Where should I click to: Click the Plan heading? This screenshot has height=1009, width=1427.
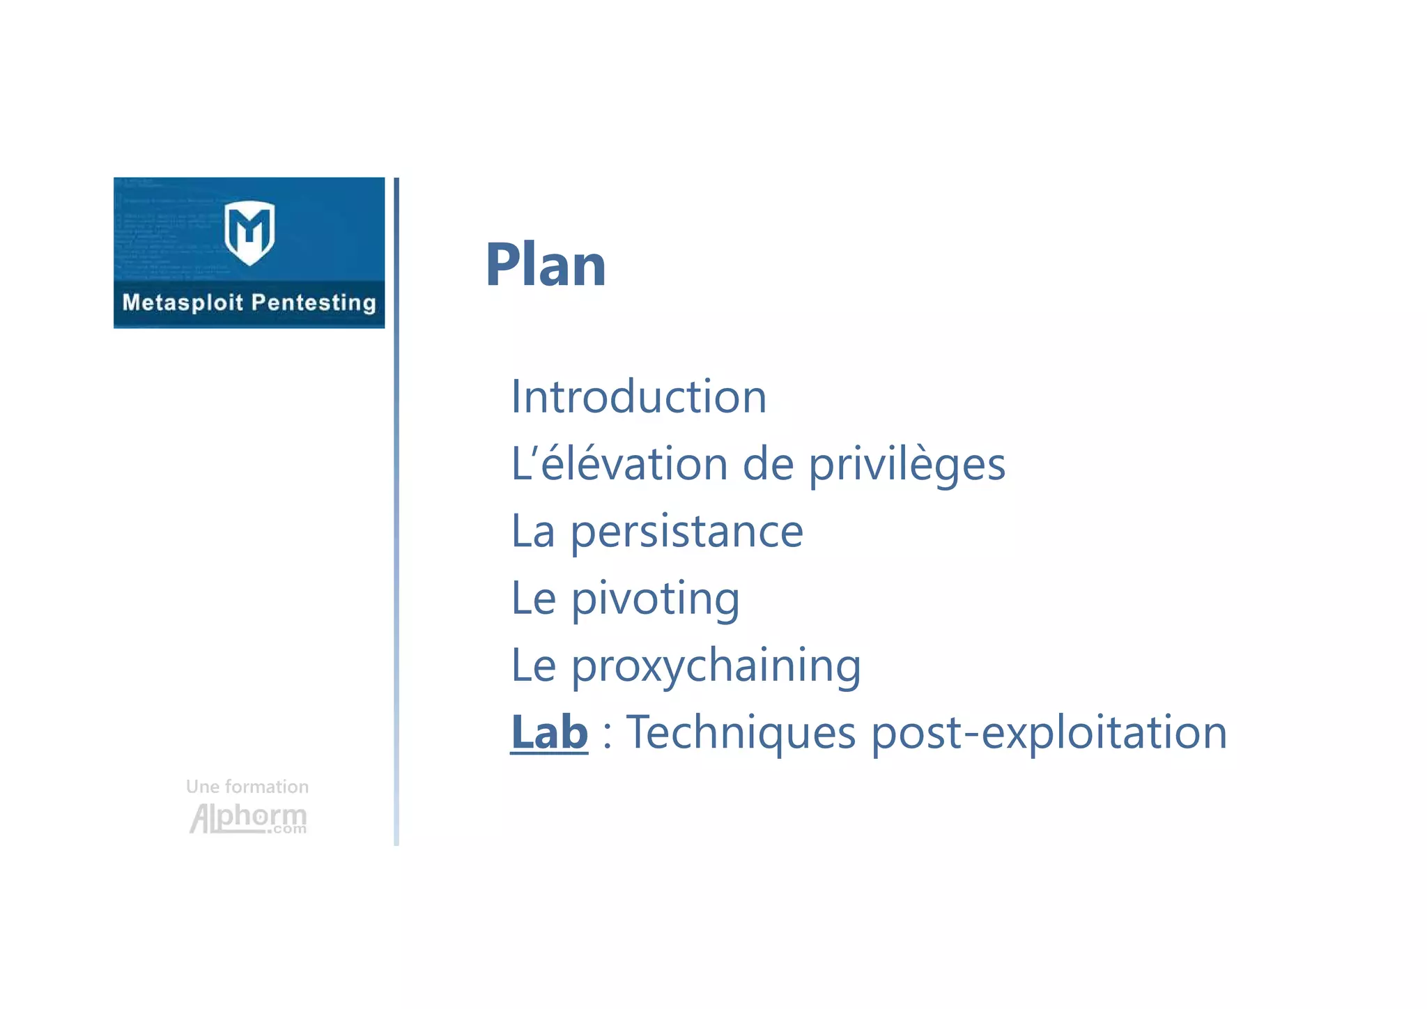pos(546,265)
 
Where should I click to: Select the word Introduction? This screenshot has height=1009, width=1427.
pos(638,396)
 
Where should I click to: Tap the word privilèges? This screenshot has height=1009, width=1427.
pos(907,465)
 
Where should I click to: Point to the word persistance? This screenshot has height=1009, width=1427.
pos(687,532)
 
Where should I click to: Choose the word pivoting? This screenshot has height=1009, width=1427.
pos(655,599)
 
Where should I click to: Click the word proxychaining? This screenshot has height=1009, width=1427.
pos(716,666)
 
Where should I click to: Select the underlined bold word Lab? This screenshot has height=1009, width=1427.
pos(549,732)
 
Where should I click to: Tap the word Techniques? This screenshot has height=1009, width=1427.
pos(741,732)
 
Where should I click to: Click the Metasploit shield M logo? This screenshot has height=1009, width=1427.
pos(249,233)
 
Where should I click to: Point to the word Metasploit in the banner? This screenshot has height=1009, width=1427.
pos(183,302)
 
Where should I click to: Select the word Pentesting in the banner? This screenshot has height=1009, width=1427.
pos(314,303)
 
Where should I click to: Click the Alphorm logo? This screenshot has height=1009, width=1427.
pos(248,818)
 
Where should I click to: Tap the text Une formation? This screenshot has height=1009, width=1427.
pos(247,787)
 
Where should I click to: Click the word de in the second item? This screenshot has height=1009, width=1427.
pos(768,464)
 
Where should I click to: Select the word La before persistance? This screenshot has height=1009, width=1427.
pos(533,531)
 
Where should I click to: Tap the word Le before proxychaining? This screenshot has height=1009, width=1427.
pos(533,665)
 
